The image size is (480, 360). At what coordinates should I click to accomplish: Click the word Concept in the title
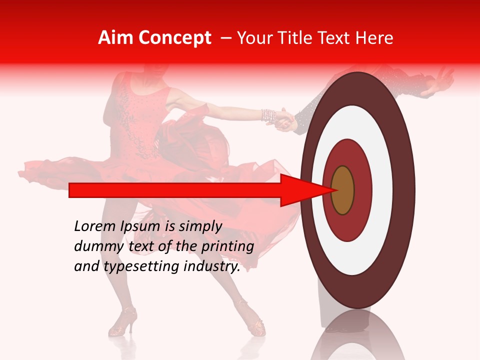[x=174, y=38]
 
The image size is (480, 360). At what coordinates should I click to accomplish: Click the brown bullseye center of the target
[x=342, y=190]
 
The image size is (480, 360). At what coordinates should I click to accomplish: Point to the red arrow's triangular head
[x=300, y=190]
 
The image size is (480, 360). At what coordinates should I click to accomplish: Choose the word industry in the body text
[x=212, y=266]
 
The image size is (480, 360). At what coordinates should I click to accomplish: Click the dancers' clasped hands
[x=285, y=120]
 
